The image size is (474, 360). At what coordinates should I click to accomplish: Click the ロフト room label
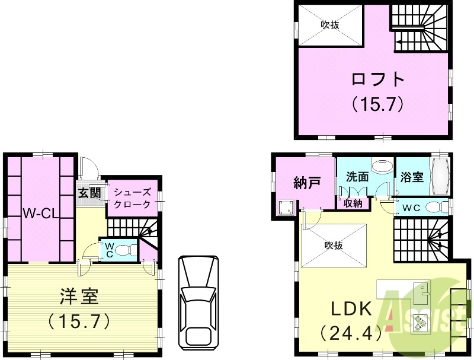pyautogui.click(x=377, y=79)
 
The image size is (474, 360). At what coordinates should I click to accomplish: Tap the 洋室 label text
pyautogui.click(x=79, y=295)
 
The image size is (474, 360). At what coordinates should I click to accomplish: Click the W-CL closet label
pyautogui.click(x=40, y=213)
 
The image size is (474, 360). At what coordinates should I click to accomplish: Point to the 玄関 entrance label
pyautogui.click(x=89, y=193)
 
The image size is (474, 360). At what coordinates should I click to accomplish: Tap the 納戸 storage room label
pyautogui.click(x=307, y=183)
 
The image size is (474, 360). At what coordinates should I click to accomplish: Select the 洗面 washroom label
pyautogui.click(x=357, y=177)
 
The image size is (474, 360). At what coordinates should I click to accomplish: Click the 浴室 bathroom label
pyautogui.click(x=412, y=177)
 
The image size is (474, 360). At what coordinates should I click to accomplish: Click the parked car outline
pyautogui.click(x=198, y=301)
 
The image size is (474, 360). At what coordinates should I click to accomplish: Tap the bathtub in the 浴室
pyautogui.click(x=440, y=177)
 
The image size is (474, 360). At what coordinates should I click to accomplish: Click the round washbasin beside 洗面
pyautogui.click(x=383, y=165)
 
